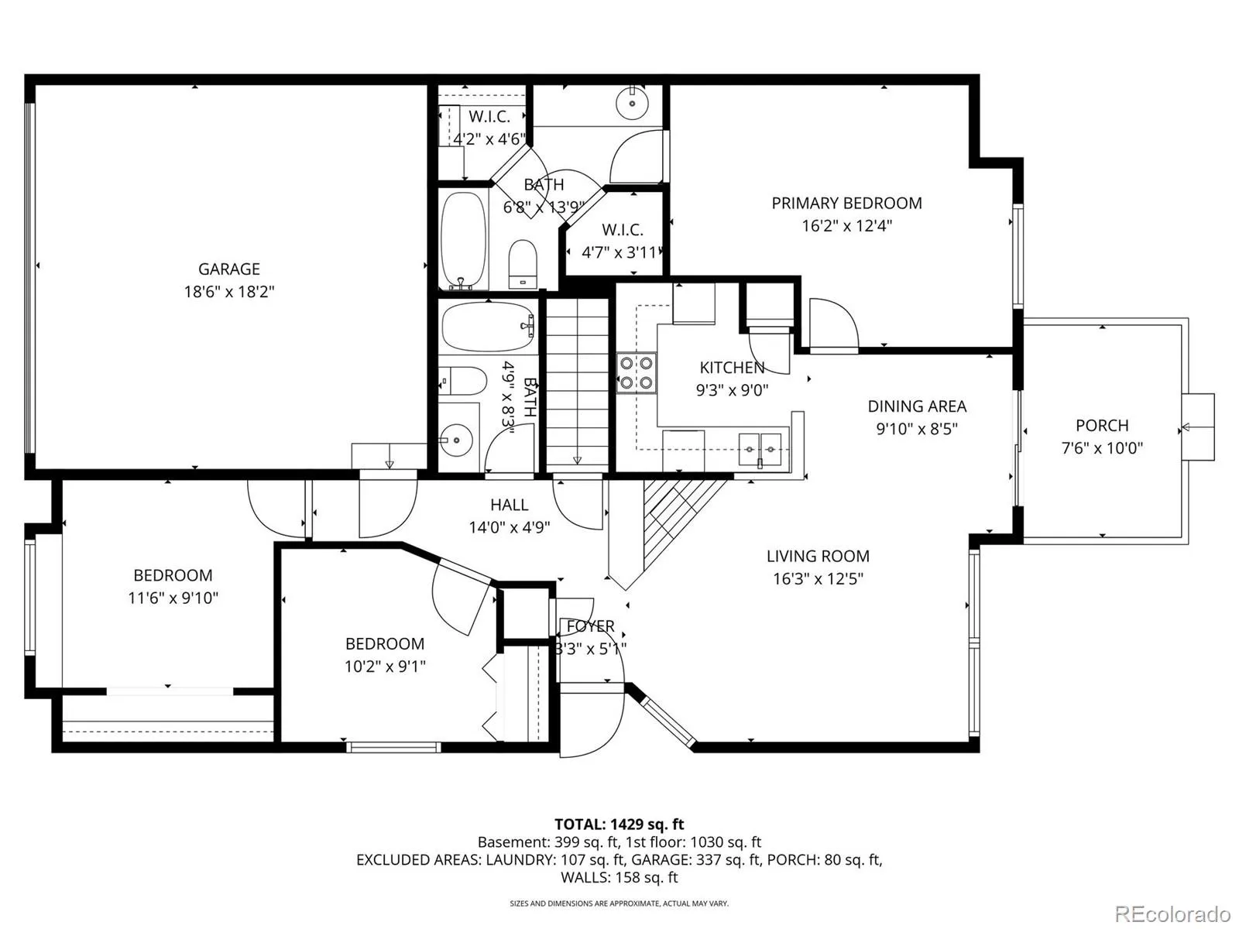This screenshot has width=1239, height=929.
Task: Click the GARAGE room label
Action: tap(228, 269)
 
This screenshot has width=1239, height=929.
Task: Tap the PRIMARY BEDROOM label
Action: tap(846, 203)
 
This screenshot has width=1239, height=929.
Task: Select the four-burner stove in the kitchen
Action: tap(637, 373)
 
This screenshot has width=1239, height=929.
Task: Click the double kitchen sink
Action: tap(760, 450)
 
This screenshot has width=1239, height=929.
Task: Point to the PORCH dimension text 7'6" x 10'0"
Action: tap(1102, 448)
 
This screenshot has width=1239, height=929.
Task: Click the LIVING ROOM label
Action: tap(818, 556)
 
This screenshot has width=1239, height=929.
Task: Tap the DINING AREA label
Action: tap(917, 406)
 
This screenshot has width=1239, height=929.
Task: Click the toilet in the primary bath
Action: tap(523, 264)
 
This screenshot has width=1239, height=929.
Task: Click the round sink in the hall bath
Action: tap(456, 440)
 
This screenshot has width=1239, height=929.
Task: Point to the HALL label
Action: tap(509, 505)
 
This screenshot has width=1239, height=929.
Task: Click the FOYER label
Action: tap(590, 626)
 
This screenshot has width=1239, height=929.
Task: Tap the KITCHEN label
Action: tap(732, 368)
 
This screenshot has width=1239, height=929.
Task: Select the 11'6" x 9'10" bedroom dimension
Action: tap(173, 598)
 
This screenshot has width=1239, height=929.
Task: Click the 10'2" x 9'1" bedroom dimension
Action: tap(385, 666)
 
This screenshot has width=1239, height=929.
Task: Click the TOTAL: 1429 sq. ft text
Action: tap(619, 824)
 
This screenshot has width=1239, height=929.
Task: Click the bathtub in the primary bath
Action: tap(463, 241)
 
